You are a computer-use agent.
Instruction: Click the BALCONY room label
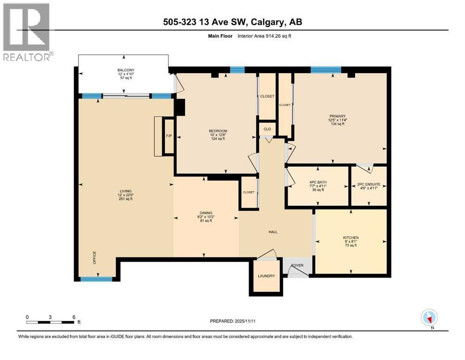(x=125, y=70)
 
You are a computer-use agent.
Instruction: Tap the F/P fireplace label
(x=169, y=136)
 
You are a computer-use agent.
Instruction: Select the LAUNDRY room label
(x=266, y=276)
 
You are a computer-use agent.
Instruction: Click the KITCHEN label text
(x=351, y=238)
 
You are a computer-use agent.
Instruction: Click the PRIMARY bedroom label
(x=337, y=116)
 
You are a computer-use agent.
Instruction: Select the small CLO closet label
(x=267, y=129)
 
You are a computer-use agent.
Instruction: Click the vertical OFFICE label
(x=94, y=258)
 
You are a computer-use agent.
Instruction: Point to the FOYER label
(x=297, y=265)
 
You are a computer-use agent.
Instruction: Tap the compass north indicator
(x=429, y=318)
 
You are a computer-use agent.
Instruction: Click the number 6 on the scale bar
(x=74, y=317)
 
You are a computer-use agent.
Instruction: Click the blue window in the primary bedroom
(x=325, y=70)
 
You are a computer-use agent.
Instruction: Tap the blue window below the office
(x=96, y=279)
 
